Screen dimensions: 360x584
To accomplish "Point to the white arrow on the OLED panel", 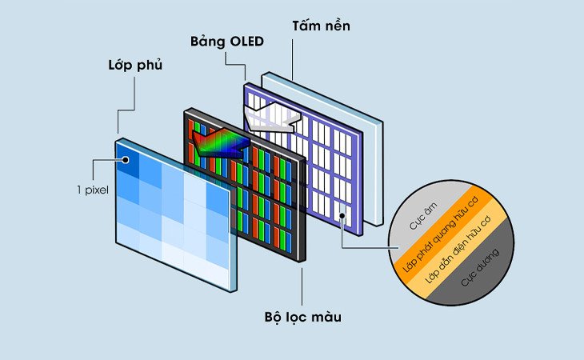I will point(272,119).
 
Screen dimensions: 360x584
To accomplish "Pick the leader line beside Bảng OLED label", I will point(243,64).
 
